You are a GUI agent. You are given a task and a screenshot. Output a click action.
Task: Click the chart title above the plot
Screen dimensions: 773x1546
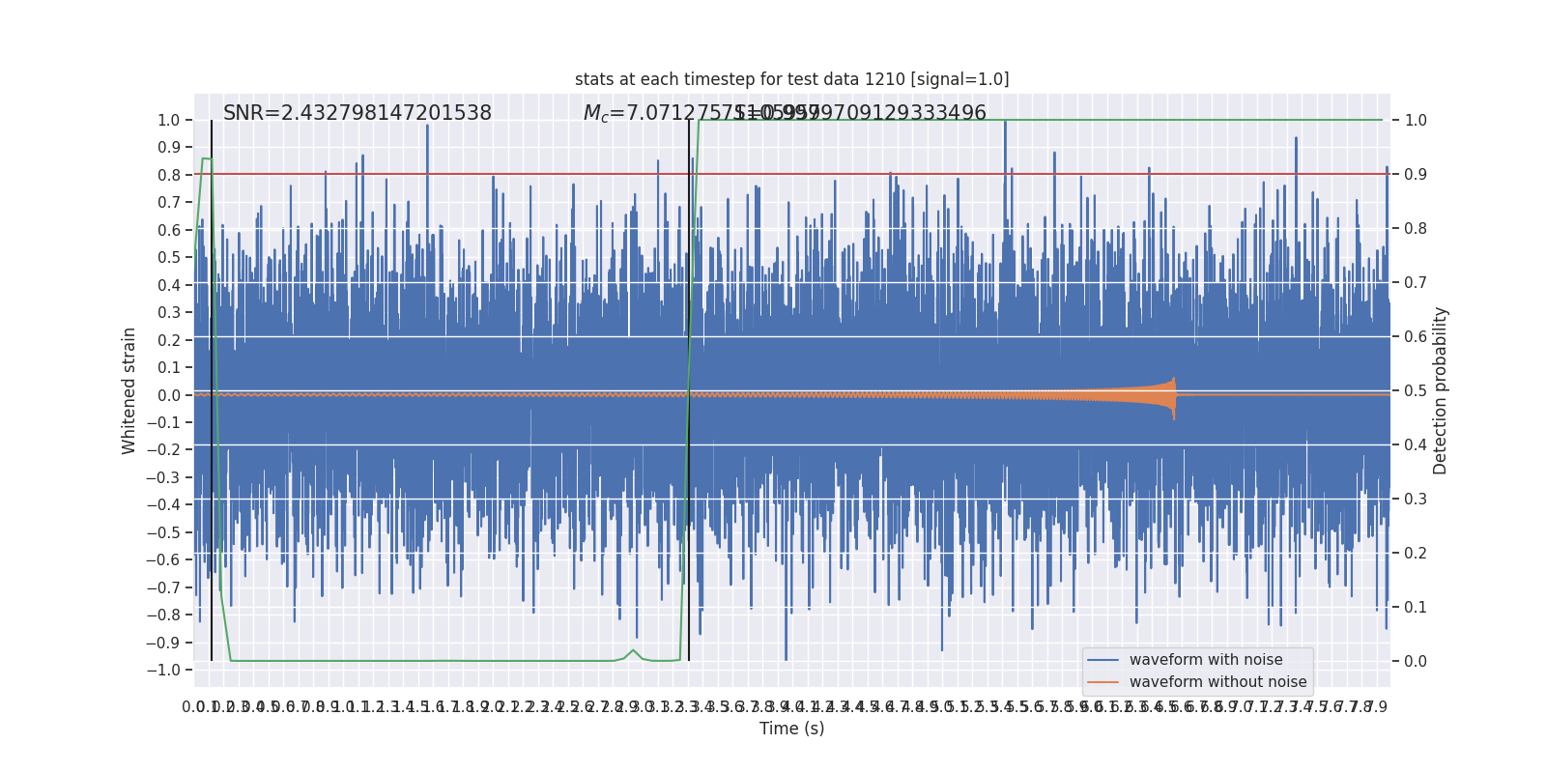[791, 79]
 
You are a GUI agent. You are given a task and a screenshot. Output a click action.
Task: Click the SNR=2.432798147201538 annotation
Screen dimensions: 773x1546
[358, 113]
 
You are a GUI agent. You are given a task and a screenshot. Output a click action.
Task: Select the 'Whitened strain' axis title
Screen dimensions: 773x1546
[129, 390]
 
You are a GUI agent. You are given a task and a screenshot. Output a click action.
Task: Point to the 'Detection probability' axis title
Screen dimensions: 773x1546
[1441, 390]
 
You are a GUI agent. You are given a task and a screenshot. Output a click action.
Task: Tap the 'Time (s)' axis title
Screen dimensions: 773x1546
[791, 729]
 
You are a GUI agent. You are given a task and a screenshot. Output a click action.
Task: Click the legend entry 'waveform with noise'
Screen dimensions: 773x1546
[1206, 660]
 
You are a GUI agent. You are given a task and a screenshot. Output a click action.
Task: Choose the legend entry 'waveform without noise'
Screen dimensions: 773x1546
[1217, 682]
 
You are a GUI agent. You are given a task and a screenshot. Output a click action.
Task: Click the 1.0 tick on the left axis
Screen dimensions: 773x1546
[168, 121]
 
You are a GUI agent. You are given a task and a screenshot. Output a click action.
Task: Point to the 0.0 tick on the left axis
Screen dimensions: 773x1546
[170, 395]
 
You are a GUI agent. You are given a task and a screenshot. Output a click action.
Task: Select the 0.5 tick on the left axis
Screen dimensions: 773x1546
[170, 258]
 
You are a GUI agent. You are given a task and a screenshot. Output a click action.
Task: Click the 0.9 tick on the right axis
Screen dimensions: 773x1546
[1416, 175]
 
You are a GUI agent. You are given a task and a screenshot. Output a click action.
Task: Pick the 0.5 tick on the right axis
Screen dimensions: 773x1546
[1416, 391]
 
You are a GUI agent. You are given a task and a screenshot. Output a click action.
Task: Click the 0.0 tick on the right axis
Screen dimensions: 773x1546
[1416, 662]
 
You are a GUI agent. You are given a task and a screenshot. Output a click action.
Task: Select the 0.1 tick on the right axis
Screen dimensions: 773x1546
[1416, 608]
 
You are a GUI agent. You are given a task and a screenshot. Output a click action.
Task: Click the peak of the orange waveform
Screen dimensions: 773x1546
[1174, 379]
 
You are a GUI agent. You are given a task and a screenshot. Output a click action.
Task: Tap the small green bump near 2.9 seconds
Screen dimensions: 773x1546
[634, 650]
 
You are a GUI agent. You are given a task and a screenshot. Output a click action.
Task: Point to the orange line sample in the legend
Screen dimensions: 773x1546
[1102, 682]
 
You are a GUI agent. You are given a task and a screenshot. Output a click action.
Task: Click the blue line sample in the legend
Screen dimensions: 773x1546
[1102, 660]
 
